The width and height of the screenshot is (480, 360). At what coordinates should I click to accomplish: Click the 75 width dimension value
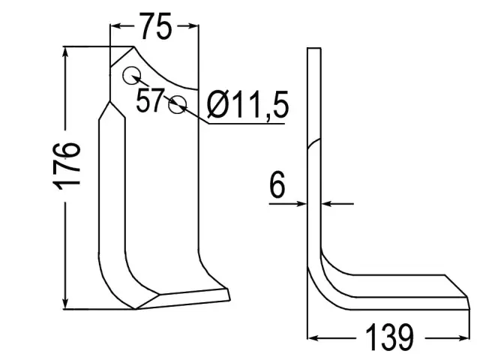coord(156,26)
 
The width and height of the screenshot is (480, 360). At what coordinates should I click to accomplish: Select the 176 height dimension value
coord(67,166)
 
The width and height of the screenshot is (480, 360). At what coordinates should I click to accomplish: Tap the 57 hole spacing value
coord(150,100)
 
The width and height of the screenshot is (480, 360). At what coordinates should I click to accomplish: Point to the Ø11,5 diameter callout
coord(247,104)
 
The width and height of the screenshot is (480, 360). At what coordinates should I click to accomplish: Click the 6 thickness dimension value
coord(277,184)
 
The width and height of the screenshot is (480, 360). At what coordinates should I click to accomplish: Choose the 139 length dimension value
coord(389,337)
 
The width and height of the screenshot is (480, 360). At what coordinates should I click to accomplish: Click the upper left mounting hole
coord(132,75)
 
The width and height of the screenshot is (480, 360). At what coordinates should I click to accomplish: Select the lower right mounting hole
coord(177,104)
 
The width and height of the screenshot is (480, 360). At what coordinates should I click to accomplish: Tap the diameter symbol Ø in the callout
coord(218,104)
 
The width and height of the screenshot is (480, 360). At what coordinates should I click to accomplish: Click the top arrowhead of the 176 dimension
coord(65,52)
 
